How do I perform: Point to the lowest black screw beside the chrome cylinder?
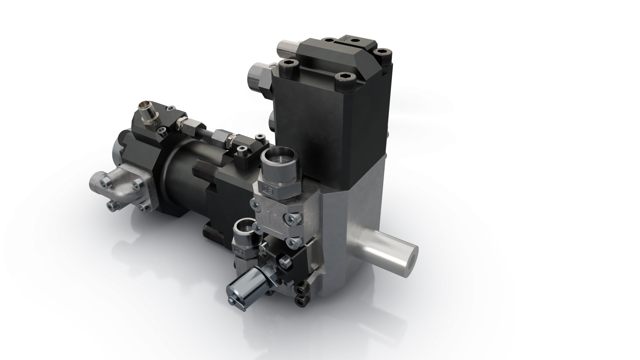point(301,302)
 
